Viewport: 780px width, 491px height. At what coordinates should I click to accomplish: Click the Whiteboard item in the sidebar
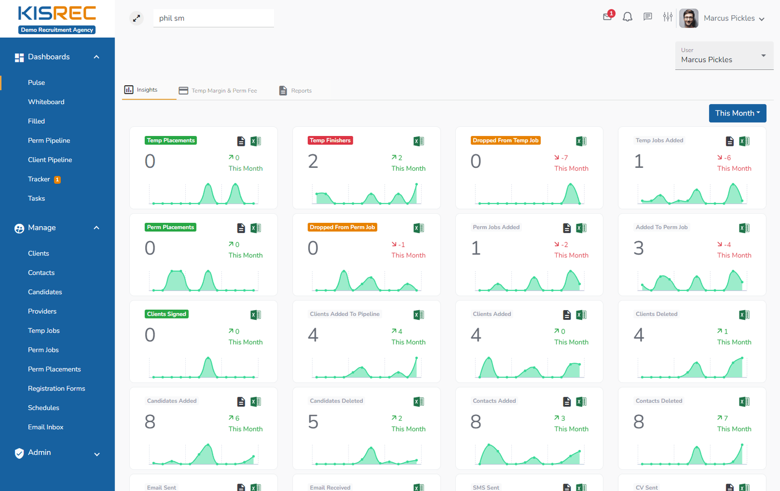(x=46, y=102)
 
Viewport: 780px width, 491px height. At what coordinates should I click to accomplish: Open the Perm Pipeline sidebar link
(x=49, y=140)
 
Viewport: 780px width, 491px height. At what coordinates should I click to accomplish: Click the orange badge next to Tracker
(x=57, y=179)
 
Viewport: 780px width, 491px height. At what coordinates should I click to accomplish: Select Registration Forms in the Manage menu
(x=56, y=389)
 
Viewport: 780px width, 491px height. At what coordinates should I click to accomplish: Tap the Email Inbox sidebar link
(x=45, y=427)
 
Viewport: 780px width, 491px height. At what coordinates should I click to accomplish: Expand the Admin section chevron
(x=97, y=454)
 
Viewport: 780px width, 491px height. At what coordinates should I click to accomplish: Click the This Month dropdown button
(x=737, y=113)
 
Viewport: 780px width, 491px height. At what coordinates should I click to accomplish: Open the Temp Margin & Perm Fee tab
(x=218, y=91)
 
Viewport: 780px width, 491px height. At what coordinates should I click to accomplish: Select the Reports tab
(x=295, y=91)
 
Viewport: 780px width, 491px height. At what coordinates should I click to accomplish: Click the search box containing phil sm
(x=213, y=19)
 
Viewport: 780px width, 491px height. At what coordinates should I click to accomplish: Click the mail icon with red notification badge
(x=607, y=17)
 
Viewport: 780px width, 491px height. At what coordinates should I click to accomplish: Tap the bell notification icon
(x=627, y=18)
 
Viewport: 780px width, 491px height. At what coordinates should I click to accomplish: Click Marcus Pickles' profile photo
(x=688, y=19)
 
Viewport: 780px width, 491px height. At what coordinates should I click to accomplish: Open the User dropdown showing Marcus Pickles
(x=724, y=56)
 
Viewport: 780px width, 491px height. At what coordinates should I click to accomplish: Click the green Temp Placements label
(x=171, y=140)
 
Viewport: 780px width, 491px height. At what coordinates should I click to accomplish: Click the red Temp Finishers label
(x=330, y=140)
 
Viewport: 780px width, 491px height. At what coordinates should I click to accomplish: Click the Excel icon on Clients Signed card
(x=255, y=315)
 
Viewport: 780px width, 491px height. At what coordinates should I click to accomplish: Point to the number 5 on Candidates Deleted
(x=313, y=422)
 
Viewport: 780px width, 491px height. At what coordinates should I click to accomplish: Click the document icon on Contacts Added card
(x=566, y=402)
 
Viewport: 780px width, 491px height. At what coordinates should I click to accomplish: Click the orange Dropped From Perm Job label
(x=342, y=227)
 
